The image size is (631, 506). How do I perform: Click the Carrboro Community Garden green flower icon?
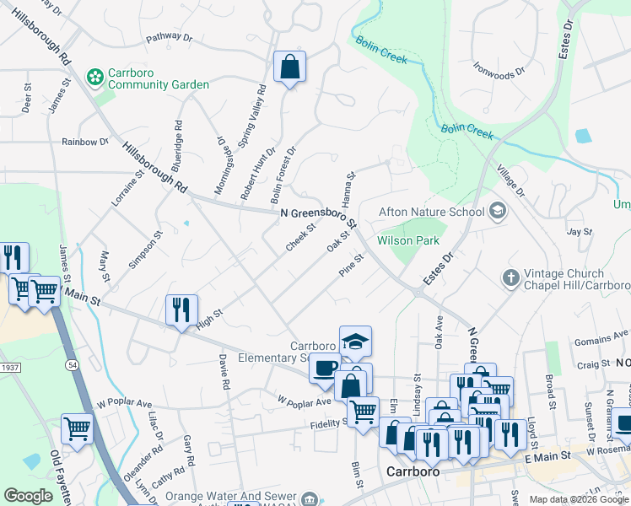(94, 78)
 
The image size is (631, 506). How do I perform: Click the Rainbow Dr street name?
(85, 142)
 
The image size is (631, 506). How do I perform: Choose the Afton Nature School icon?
(497, 212)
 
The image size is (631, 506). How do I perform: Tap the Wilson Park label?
(408, 240)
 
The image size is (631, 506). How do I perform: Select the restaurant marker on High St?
(182, 310)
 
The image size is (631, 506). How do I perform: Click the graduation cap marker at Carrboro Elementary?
(355, 342)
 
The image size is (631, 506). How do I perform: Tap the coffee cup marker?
(325, 368)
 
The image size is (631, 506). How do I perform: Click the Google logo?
(29, 496)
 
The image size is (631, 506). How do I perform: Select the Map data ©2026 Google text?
(578, 499)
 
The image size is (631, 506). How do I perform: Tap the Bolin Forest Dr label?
(283, 175)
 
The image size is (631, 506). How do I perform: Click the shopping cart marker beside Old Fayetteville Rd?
(77, 428)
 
